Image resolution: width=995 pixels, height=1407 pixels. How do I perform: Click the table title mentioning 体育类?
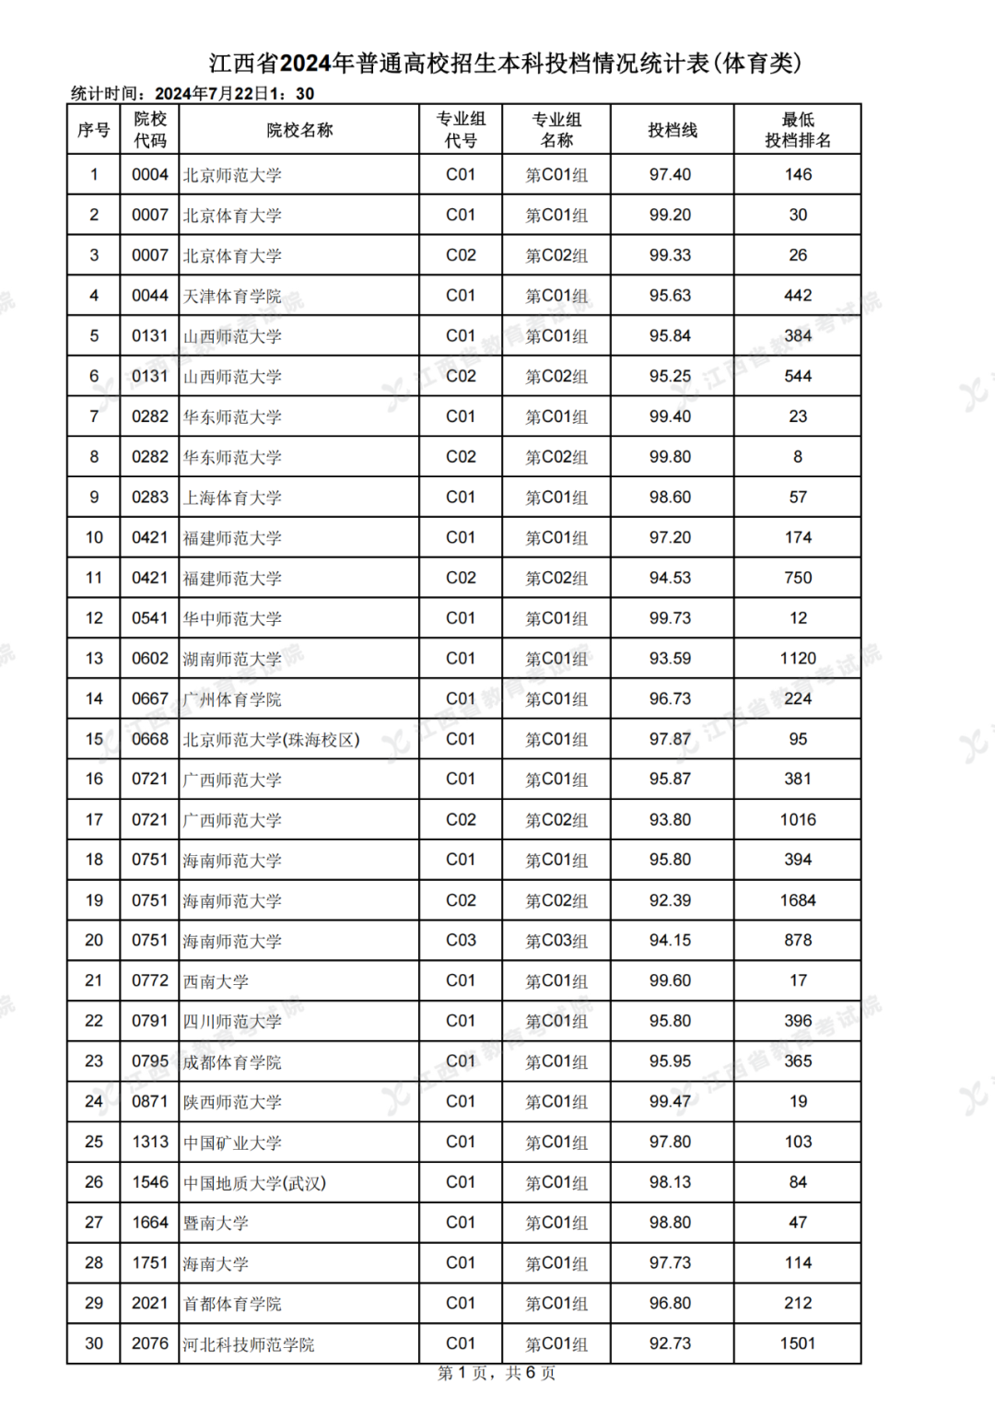click(x=505, y=63)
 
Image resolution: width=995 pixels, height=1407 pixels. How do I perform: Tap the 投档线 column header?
click(x=673, y=130)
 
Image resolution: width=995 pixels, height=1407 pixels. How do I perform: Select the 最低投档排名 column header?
click(x=798, y=130)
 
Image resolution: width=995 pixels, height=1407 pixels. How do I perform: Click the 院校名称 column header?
click(x=299, y=130)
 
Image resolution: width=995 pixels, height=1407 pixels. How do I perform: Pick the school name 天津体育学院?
click(x=232, y=296)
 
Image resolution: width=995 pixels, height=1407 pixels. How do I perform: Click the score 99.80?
click(x=670, y=457)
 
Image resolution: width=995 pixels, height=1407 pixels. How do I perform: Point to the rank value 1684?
click(x=798, y=900)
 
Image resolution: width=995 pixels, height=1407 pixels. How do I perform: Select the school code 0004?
click(x=150, y=175)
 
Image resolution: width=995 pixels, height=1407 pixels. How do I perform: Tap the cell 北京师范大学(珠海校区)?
click(x=271, y=739)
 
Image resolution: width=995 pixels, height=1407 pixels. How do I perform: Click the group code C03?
click(x=461, y=941)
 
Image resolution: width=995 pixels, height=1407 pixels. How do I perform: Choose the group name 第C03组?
click(x=556, y=941)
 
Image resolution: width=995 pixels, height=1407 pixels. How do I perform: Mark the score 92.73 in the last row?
click(x=670, y=1343)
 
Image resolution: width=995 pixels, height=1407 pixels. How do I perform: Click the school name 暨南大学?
click(x=216, y=1223)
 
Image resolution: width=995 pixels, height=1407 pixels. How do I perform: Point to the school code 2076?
click(x=150, y=1343)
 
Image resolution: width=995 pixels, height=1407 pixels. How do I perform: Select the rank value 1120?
click(x=798, y=659)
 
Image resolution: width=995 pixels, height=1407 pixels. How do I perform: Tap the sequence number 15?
click(x=94, y=739)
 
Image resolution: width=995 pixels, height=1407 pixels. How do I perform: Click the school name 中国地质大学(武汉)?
click(x=254, y=1182)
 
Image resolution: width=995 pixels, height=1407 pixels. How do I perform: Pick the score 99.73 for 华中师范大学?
click(x=670, y=618)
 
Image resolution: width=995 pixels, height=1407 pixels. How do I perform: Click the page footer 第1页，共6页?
click(x=497, y=1373)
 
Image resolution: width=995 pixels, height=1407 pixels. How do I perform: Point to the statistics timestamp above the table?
click(x=193, y=93)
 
